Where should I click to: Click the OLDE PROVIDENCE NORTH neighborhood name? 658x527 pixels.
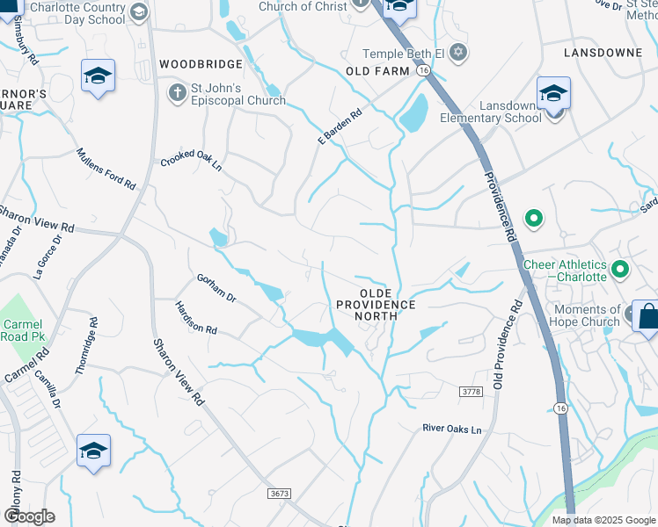[x=375, y=298]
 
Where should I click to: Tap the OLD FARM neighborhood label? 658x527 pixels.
[x=378, y=70]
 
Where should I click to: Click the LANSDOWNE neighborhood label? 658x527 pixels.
[x=603, y=53]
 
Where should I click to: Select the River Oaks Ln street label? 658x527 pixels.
[x=452, y=430]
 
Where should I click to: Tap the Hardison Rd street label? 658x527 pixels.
[x=195, y=317]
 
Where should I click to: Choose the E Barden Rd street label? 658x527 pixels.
[x=340, y=127]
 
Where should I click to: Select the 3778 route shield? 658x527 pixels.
[x=472, y=390]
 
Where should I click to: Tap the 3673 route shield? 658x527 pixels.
[x=280, y=495]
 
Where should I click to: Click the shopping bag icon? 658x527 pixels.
[x=647, y=316]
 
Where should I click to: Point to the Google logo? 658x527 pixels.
[x=29, y=516]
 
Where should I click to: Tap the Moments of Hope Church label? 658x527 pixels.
[x=587, y=315]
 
